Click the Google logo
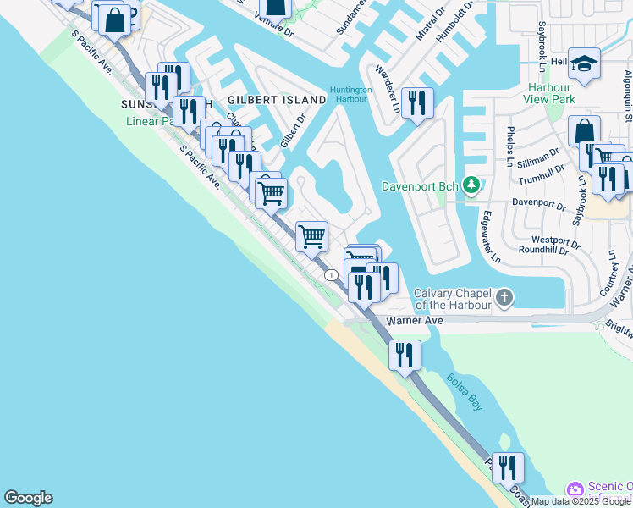[x=28, y=498]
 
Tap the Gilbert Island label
[x=277, y=100]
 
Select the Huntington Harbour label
[x=350, y=94]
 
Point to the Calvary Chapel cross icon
[x=505, y=297]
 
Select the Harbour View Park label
[x=551, y=93]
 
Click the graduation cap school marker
[x=585, y=64]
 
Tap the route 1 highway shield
[x=331, y=275]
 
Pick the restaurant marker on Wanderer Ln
[x=417, y=102]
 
